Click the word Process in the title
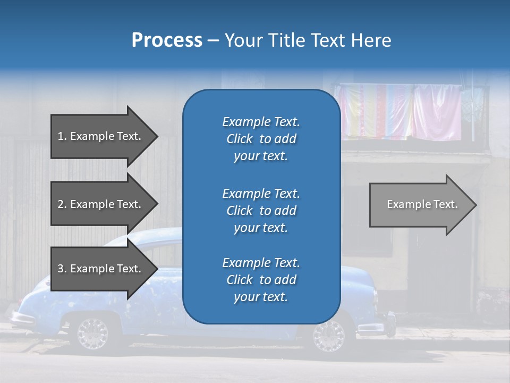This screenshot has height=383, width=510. [x=167, y=40]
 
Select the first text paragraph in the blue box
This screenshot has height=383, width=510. [x=261, y=139]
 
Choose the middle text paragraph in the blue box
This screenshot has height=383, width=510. [x=261, y=211]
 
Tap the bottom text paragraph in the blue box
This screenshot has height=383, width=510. [x=261, y=280]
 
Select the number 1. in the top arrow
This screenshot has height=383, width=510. [x=62, y=136]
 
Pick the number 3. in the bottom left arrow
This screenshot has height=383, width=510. [x=62, y=269]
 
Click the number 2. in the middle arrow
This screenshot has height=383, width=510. [x=62, y=204]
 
